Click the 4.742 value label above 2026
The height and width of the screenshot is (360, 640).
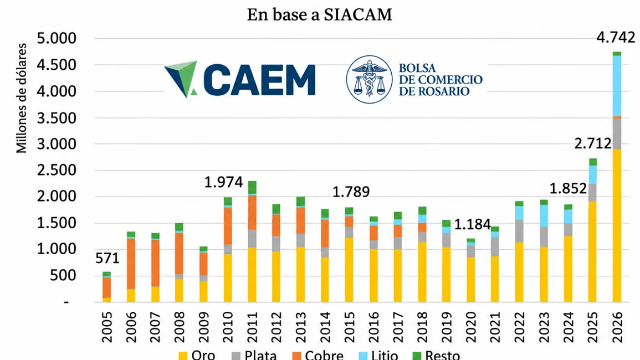click(x=616, y=38)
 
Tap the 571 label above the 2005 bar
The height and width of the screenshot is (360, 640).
click(x=107, y=258)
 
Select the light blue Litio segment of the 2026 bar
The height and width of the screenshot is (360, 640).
click(x=617, y=86)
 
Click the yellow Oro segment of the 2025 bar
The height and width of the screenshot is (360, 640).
click(x=593, y=251)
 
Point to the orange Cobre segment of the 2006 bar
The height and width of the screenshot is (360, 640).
click(x=131, y=264)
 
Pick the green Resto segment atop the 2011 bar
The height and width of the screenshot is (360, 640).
click(x=252, y=188)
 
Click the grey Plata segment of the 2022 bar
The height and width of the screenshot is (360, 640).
click(x=519, y=231)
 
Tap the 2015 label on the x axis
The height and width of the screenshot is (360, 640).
click(x=349, y=327)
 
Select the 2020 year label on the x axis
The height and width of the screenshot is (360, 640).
click(x=470, y=327)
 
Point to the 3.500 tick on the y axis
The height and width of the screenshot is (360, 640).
click(x=57, y=117)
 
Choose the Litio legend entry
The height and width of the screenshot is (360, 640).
click(x=378, y=355)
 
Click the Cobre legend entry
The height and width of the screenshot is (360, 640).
click(x=318, y=355)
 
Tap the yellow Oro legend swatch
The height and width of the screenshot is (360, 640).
click(x=183, y=356)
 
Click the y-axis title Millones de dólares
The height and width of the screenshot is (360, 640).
click(x=21, y=98)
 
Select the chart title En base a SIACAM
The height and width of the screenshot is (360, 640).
click(x=319, y=15)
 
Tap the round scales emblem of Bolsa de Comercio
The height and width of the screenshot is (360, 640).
click(x=369, y=79)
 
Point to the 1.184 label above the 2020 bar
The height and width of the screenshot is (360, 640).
click(x=472, y=224)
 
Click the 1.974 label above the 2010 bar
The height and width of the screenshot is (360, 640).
click(x=223, y=182)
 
